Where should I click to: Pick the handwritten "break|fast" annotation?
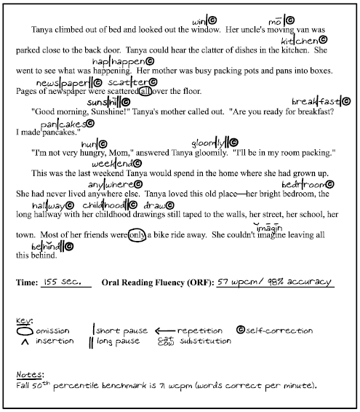(316, 100)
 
